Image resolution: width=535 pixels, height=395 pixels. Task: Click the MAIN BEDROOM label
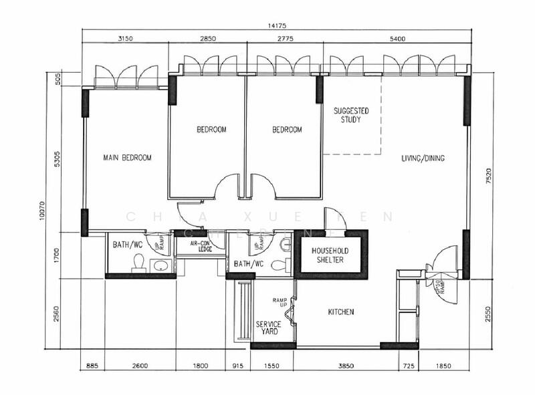(127, 158)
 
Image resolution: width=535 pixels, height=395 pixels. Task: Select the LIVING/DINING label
(423, 158)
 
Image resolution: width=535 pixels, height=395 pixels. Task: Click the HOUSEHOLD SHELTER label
(329, 255)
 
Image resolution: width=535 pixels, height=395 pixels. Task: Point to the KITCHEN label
(340, 312)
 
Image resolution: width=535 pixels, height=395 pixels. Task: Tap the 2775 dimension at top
(284, 39)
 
